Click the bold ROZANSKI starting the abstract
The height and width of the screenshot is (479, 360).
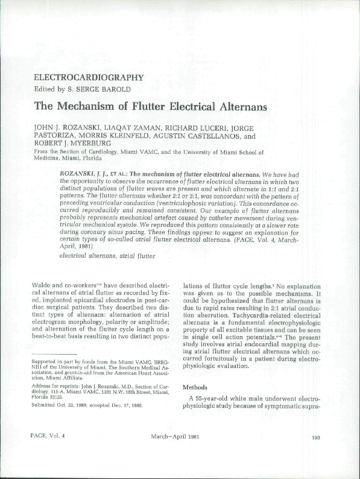(x=80, y=173)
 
